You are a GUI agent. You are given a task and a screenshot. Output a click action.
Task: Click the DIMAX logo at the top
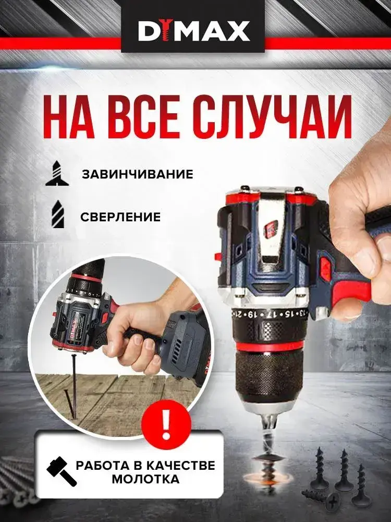pyautogui.click(x=193, y=31)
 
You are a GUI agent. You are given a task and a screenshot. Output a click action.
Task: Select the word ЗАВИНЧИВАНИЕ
pyautogui.click(x=138, y=174)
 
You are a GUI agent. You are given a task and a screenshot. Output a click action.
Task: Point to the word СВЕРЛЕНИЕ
pyautogui.click(x=120, y=217)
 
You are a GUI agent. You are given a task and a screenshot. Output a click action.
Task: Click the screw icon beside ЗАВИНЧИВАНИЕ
pyautogui.click(x=57, y=173)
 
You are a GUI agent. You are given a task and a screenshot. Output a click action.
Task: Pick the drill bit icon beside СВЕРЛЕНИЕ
pyautogui.click(x=58, y=214)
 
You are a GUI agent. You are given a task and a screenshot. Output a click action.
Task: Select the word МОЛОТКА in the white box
pyautogui.click(x=145, y=479)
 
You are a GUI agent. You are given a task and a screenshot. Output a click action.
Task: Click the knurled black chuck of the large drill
pyautogui.click(x=267, y=376)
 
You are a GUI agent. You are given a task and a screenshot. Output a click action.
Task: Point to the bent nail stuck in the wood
pyautogui.click(x=70, y=403)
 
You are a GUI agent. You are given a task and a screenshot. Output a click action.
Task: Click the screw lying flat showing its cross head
pyautogui.click(x=321, y=499)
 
